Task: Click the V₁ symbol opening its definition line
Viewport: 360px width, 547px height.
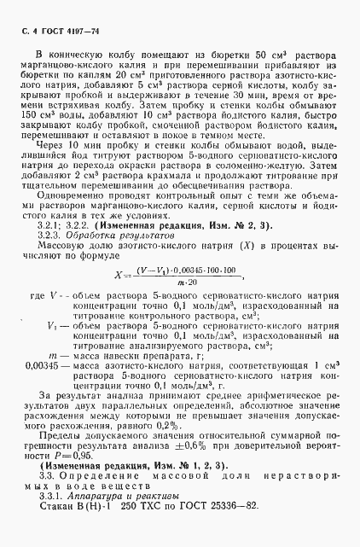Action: (x=55, y=373)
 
